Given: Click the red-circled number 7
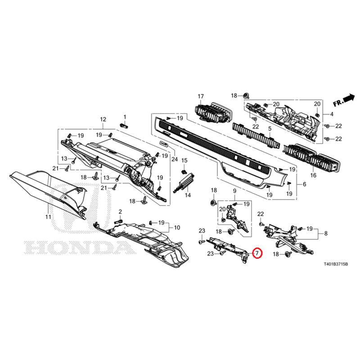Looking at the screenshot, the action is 257,253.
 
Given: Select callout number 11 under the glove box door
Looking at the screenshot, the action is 48,216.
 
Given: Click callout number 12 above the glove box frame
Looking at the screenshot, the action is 103,119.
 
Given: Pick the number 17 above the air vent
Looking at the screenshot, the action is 201,96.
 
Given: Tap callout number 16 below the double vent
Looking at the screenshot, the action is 313,175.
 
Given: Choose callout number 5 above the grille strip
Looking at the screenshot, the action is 270,128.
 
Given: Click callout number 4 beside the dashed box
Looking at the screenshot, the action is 332,114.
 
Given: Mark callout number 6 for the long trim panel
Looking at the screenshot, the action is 304,184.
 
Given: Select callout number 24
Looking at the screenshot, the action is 175,159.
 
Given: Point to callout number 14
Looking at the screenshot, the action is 188,195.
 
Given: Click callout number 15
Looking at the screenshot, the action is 184,161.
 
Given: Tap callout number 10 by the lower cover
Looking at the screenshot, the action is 177,228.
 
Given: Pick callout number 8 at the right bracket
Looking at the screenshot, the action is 326,234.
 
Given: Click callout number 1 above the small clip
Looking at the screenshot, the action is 125,117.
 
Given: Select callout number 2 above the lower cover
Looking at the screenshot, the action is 120,211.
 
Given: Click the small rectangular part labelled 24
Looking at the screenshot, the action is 163,144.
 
